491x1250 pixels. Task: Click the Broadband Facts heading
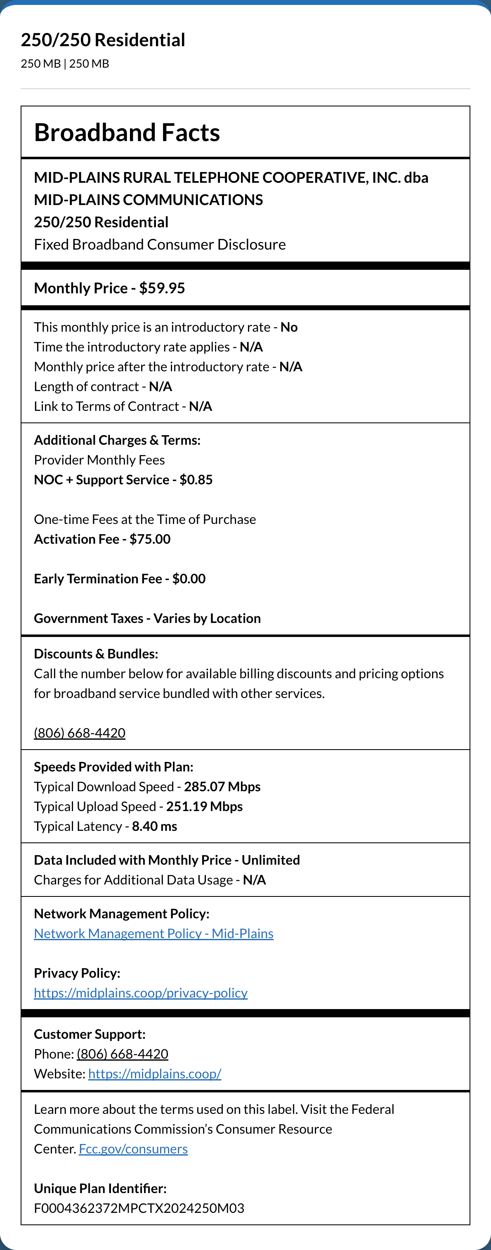[x=127, y=132]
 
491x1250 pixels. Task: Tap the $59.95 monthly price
[x=162, y=288]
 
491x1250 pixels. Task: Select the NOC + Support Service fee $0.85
[x=196, y=480]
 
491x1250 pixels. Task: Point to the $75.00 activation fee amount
[x=150, y=539]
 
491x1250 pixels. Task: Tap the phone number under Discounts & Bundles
[x=80, y=733]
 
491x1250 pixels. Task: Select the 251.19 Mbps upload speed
[x=204, y=807]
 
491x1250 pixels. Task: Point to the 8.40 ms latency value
[x=154, y=826]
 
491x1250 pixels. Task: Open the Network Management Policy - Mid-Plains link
[x=153, y=934]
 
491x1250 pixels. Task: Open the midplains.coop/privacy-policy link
[x=141, y=993]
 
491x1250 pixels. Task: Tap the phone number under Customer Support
[x=122, y=1054]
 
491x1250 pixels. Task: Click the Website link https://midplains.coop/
[x=155, y=1074]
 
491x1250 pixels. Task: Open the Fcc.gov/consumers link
[x=133, y=1149]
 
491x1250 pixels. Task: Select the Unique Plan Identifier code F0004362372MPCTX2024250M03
[x=139, y=1208]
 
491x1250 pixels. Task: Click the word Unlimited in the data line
[x=271, y=860]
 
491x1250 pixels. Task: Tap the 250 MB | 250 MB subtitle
[x=64, y=64]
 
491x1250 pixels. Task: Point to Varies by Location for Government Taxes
[x=207, y=618]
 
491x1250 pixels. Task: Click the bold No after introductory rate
[x=289, y=327]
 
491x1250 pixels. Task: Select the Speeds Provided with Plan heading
[x=113, y=767]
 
